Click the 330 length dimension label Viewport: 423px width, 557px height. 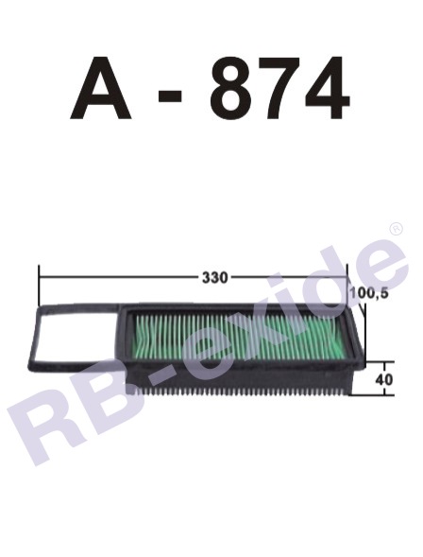214,277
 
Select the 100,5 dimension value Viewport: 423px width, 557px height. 368,294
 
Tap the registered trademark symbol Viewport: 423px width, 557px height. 394,229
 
